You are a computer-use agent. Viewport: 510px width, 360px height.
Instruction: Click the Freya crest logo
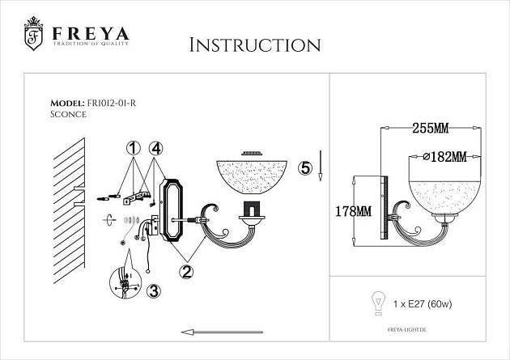tap(33, 35)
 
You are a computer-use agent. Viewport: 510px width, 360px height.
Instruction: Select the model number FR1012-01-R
tap(117, 104)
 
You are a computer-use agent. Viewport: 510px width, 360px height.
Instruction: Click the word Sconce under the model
tap(68, 115)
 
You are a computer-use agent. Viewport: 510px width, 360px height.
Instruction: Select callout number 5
tap(304, 168)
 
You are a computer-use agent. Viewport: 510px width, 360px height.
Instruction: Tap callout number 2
tap(186, 272)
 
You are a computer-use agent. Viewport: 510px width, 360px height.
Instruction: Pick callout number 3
tap(154, 292)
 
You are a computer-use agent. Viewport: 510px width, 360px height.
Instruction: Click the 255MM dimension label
tap(431, 128)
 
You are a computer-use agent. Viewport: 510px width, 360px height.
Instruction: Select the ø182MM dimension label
tap(449, 155)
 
